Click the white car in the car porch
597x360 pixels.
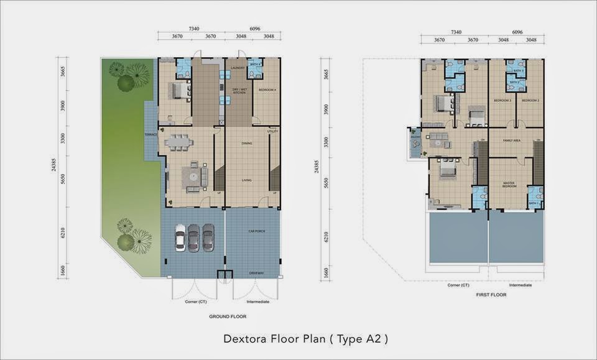click(x=180, y=238)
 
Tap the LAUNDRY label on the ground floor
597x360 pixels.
click(x=236, y=67)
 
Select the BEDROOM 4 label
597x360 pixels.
click(x=267, y=90)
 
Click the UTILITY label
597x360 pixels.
click(x=272, y=131)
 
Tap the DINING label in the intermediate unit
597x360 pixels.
click(x=247, y=144)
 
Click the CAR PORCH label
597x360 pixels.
click(x=257, y=231)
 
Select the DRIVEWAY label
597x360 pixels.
click(x=256, y=273)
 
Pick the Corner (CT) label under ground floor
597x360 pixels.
click(x=194, y=302)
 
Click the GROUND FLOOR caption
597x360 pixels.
click(x=228, y=316)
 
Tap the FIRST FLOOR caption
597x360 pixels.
click(x=489, y=295)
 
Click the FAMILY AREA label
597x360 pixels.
click(x=512, y=141)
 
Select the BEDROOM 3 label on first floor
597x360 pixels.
click(x=502, y=100)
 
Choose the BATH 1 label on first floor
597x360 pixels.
click(x=533, y=203)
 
